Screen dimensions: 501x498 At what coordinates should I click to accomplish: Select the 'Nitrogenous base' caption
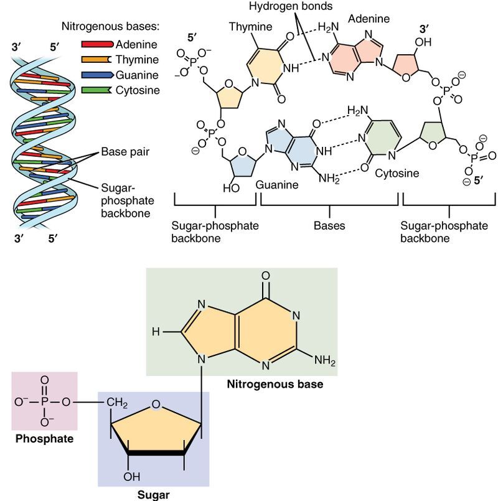pyautogui.click(x=275, y=384)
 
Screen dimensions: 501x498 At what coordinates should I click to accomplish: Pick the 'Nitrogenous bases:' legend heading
pyautogui.click(x=110, y=27)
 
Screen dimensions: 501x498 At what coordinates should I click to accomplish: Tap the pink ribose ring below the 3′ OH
pyautogui.click(x=411, y=65)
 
